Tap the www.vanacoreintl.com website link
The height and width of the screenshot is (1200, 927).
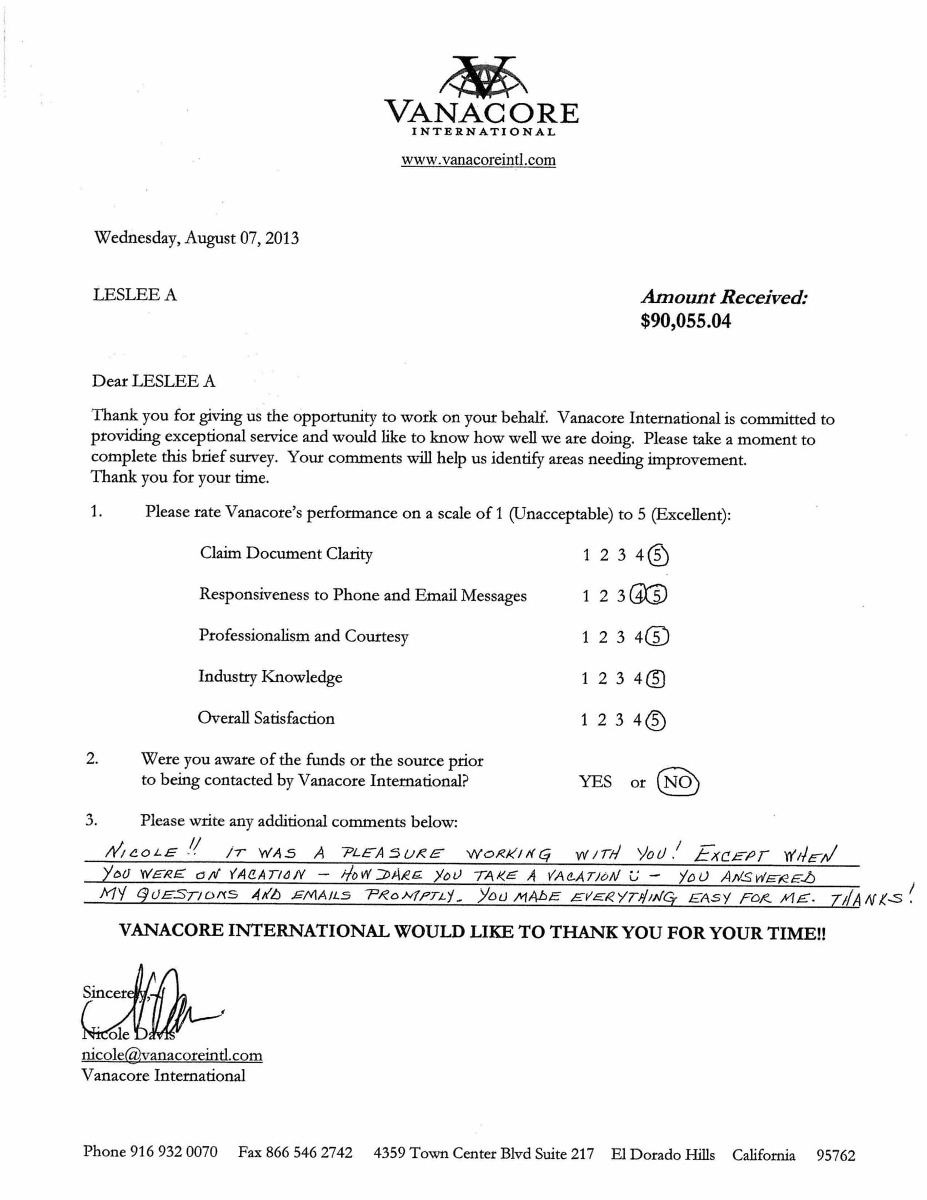click(478, 161)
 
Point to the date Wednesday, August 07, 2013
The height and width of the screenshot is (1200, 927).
click(197, 238)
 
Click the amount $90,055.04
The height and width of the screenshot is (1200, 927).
click(685, 321)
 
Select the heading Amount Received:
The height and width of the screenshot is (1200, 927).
click(724, 297)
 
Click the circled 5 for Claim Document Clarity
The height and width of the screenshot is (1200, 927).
click(658, 556)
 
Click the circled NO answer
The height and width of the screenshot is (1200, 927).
click(678, 782)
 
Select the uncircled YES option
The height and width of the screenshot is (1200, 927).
click(595, 782)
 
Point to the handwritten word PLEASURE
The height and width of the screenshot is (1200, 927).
click(393, 853)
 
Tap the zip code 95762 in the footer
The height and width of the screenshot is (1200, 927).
click(835, 1156)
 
